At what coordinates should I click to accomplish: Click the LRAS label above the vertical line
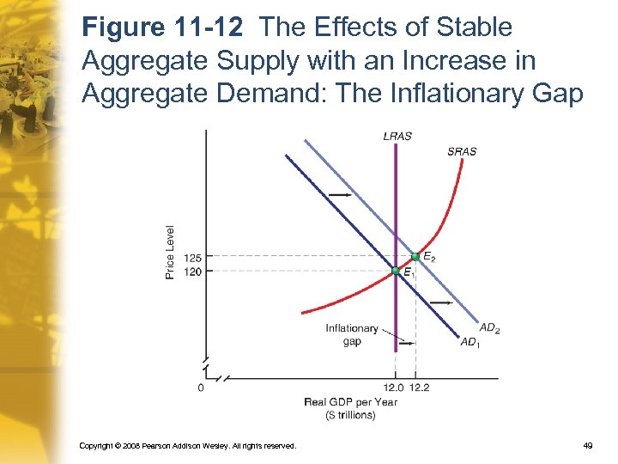click(x=397, y=136)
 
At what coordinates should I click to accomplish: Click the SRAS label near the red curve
click(x=461, y=151)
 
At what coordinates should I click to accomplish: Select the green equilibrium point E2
click(x=415, y=256)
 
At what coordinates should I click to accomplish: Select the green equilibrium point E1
click(x=396, y=271)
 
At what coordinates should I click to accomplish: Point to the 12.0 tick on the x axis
click(x=394, y=388)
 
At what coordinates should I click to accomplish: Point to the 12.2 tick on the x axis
click(x=419, y=388)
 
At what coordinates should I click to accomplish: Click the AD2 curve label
click(x=489, y=327)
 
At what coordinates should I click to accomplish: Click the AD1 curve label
click(x=470, y=341)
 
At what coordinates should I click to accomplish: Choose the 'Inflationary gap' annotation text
click(x=351, y=334)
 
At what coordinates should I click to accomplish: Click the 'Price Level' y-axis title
click(x=170, y=251)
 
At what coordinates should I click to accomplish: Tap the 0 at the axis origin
click(x=201, y=388)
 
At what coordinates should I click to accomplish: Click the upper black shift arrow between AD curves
click(x=340, y=195)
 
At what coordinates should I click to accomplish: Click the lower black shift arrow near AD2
click(x=441, y=302)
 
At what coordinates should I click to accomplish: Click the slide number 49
click(x=587, y=445)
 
